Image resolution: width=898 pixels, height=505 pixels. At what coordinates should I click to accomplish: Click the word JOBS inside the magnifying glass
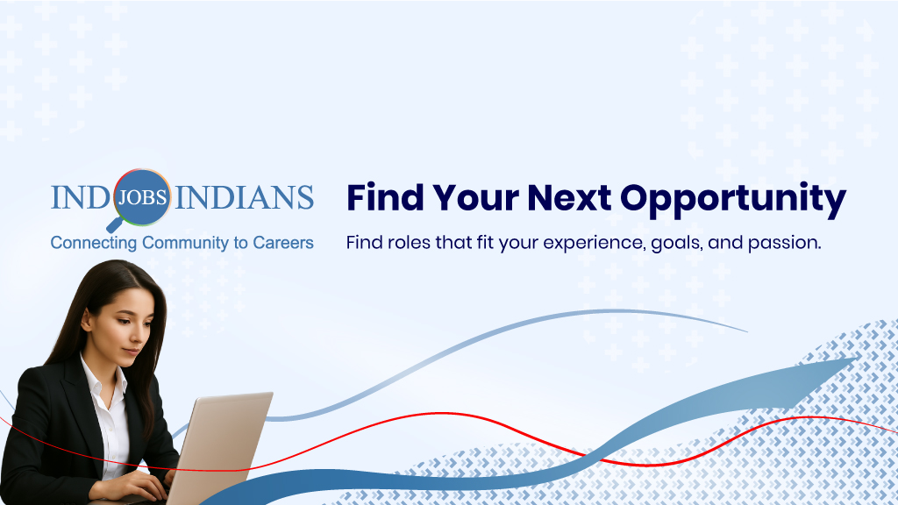point(142,196)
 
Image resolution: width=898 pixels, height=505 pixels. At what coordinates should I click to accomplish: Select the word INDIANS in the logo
point(245,197)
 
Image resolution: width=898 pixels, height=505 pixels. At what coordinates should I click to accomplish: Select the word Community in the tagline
point(185,243)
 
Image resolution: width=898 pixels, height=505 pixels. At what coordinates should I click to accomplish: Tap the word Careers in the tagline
point(283,243)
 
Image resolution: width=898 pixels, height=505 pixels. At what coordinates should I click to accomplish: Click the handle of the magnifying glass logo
point(113,225)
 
